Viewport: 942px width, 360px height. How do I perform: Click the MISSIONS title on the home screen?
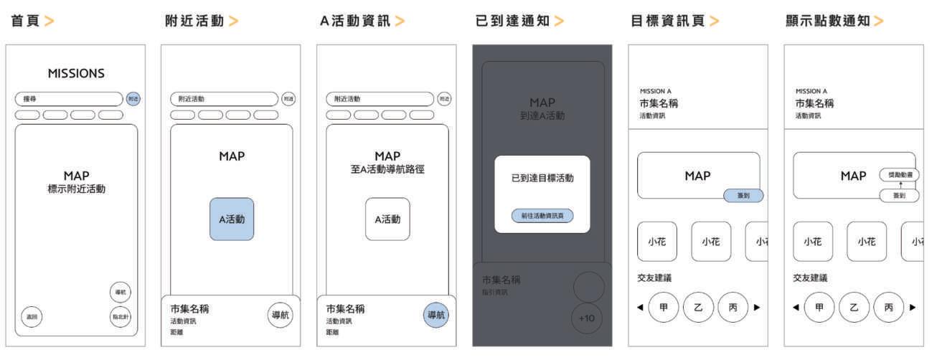pyautogui.click(x=76, y=73)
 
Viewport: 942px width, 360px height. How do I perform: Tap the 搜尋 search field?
pyautogui.click(x=69, y=99)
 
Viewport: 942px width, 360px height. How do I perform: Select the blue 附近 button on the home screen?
pyautogui.click(x=133, y=99)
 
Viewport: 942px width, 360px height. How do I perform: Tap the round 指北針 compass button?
pyautogui.click(x=120, y=316)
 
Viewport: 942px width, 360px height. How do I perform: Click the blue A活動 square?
pyautogui.click(x=232, y=219)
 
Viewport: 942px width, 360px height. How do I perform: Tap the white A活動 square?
pyautogui.click(x=387, y=219)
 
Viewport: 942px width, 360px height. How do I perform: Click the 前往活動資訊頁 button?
pyautogui.click(x=542, y=215)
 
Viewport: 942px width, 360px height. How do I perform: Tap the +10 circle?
pyautogui.click(x=587, y=318)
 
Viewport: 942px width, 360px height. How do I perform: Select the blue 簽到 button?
pyautogui.click(x=743, y=195)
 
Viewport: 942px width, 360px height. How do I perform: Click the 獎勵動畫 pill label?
pyautogui.click(x=899, y=174)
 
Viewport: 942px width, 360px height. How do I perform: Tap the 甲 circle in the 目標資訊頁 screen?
pyautogui.click(x=664, y=307)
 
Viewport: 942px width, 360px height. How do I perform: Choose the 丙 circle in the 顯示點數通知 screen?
pyautogui.click(x=889, y=307)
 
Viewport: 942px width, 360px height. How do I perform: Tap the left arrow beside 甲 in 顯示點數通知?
pyautogui.click(x=795, y=308)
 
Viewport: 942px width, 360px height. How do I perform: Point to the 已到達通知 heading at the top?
pyautogui.click(x=512, y=21)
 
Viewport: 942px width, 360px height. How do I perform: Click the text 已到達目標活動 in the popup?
pyautogui.click(x=542, y=178)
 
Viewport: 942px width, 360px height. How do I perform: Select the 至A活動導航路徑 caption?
pyautogui.click(x=387, y=170)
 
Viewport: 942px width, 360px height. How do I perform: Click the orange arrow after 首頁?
pyautogui.click(x=49, y=21)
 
